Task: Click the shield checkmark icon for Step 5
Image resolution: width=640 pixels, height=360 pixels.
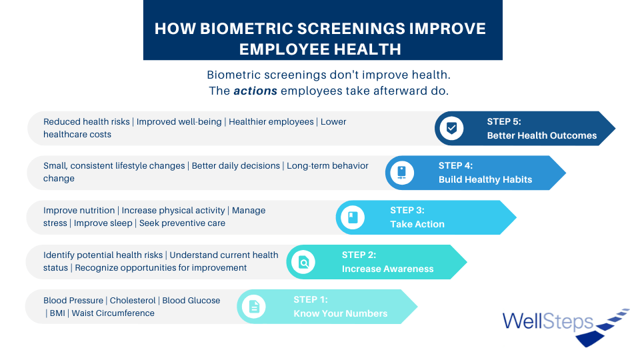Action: [x=451, y=128]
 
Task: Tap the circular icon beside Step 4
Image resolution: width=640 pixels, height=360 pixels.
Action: [x=401, y=173]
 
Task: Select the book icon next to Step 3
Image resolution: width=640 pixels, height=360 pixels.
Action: [x=353, y=217]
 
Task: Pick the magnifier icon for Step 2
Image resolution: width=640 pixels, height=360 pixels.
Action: [x=303, y=262]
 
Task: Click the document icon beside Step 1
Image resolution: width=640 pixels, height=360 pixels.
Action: [x=254, y=307]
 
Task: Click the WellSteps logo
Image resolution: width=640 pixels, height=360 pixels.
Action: [x=566, y=327]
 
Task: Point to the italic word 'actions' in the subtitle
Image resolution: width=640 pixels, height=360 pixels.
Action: [x=255, y=91]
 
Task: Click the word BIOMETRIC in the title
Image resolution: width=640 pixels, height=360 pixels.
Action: [x=246, y=29]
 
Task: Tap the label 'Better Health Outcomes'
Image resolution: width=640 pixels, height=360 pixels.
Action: [x=541, y=135]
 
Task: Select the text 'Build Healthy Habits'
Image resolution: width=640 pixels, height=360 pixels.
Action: [x=485, y=179]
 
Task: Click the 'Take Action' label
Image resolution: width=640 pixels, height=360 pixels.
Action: [x=417, y=224]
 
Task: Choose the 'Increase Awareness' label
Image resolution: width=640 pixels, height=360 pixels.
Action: [x=388, y=269]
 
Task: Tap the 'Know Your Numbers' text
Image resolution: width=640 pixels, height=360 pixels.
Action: [x=341, y=313]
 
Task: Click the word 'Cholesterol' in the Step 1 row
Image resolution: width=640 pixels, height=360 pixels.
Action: [x=133, y=301]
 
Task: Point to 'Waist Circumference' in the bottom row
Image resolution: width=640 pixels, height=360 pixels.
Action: [x=113, y=313]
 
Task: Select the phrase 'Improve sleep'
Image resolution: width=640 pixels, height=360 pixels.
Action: [x=103, y=223]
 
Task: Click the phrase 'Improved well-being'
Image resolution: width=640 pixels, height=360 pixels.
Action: [x=179, y=121]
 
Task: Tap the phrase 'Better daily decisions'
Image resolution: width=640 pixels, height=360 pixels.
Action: [x=236, y=166]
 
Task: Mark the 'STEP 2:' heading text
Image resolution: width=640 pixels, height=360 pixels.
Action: [x=359, y=255]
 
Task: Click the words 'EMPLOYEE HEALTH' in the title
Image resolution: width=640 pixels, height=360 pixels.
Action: [x=320, y=49]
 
